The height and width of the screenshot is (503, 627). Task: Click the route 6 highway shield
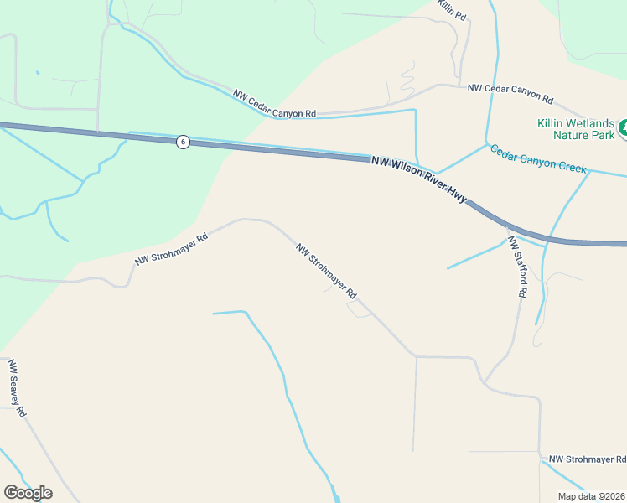183,142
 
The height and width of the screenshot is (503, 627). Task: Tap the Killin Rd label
450,9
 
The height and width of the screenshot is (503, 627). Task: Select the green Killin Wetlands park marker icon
623,129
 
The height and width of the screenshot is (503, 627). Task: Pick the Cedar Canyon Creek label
538,158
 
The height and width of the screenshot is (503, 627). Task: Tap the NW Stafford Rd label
517,267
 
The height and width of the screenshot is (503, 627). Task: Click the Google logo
28,493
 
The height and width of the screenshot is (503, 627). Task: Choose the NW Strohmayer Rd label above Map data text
587,459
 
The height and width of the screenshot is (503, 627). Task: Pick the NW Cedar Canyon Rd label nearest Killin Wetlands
510,93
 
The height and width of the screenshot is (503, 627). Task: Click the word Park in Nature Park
603,135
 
